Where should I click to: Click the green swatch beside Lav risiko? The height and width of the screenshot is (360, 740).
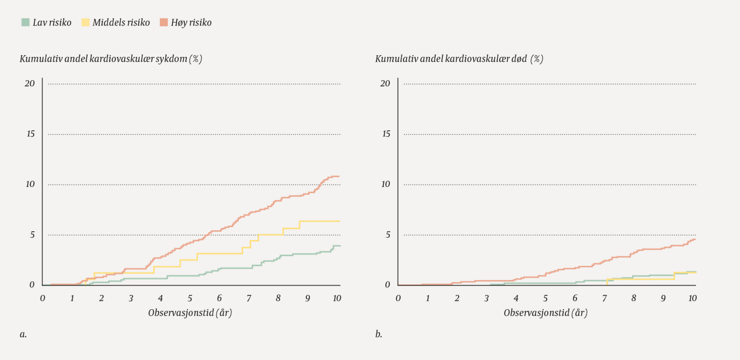click(x=25, y=22)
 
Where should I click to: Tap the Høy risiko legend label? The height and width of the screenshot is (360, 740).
click(x=191, y=22)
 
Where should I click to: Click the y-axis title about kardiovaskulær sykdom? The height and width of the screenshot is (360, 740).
click(x=111, y=59)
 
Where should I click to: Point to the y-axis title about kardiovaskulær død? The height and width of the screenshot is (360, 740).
click(x=459, y=59)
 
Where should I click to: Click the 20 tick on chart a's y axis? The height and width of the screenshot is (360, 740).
click(x=30, y=83)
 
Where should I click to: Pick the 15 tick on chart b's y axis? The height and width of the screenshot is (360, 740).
click(x=385, y=134)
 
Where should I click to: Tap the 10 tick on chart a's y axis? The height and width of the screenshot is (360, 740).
click(x=30, y=184)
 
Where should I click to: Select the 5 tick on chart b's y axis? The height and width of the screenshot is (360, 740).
click(x=388, y=234)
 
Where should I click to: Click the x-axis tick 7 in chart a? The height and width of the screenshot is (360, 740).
click(x=249, y=298)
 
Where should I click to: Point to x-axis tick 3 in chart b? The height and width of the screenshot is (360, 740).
click(x=486, y=298)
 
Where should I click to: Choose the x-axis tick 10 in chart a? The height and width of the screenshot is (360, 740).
click(x=336, y=298)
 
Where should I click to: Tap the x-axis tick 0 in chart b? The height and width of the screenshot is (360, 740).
click(x=398, y=298)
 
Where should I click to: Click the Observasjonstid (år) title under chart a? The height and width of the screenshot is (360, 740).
click(x=190, y=313)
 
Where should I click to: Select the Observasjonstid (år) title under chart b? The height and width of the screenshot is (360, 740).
click(x=546, y=313)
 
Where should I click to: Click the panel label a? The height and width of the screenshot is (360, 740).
click(x=23, y=334)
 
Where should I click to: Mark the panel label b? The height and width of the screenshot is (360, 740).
click(x=379, y=334)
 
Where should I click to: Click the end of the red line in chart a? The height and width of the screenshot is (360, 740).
click(x=339, y=176)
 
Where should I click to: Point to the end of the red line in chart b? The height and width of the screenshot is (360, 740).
click(x=695, y=239)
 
